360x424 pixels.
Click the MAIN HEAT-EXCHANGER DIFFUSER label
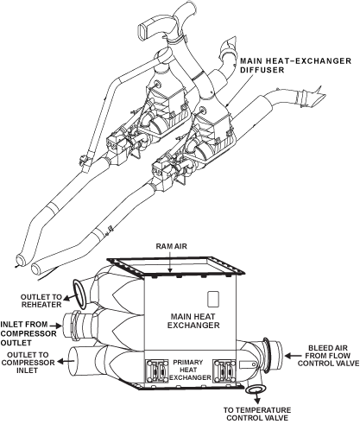tap(295, 66)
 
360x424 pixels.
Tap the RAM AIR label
tap(172, 246)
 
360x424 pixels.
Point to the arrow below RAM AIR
tap(170, 261)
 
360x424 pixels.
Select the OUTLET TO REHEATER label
tap(41, 301)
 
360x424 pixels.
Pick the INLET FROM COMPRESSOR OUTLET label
tap(28, 333)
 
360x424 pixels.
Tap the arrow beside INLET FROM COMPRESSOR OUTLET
tap(56, 326)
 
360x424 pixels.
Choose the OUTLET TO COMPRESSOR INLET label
tap(28, 363)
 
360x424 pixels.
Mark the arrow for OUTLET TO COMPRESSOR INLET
tap(66, 361)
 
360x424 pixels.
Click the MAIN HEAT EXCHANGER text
tap(193, 321)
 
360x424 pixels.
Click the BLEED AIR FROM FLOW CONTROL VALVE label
tap(328, 356)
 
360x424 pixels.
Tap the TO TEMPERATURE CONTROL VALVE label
tap(257, 414)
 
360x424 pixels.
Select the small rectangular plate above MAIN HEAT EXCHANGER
tap(213, 300)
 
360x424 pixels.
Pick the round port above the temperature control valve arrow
tap(256, 389)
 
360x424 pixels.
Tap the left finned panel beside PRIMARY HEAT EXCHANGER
tap(157, 371)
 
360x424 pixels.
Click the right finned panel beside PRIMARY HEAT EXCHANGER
tap(224, 371)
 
